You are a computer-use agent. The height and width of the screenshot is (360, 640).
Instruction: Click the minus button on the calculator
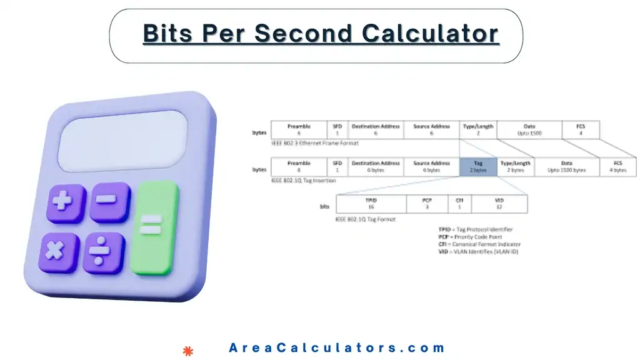tap(109, 202)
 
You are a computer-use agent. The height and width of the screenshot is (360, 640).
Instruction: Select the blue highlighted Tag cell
tap(478, 167)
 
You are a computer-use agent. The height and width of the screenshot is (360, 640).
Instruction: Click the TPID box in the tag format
tap(371, 204)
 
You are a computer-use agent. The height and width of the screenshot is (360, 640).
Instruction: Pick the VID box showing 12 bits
tap(499, 204)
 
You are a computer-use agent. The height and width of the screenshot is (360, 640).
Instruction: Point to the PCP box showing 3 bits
tap(427, 204)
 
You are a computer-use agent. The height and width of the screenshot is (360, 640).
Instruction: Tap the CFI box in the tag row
tap(459, 204)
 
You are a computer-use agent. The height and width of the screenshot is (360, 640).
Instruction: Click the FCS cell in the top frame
tap(581, 130)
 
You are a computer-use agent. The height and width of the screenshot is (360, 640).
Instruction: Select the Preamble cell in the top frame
tap(299, 130)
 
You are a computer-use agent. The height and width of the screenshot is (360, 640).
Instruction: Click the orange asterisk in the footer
tap(187, 351)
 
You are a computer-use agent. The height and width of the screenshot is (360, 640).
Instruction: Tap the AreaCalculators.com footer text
tap(337, 348)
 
